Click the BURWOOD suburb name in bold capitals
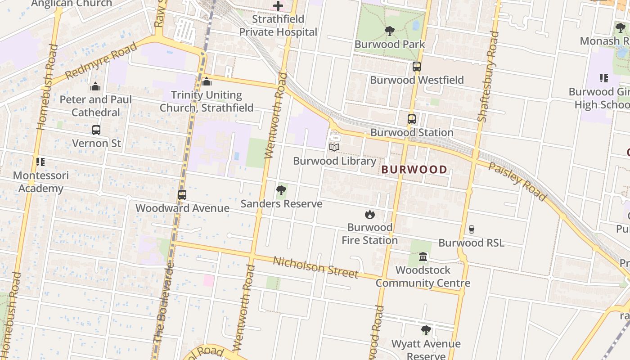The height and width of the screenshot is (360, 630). coord(414,170)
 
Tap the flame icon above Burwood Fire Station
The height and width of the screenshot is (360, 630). coord(370,214)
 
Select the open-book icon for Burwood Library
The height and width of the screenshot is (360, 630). coord(334,148)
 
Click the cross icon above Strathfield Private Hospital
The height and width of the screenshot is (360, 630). coord(278,6)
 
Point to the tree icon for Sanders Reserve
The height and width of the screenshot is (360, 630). coord(281,190)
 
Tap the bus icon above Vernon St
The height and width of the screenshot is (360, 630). coord(96,130)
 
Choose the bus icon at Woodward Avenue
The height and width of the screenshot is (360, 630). coord(182,195)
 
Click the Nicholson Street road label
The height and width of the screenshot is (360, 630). coord(315,267)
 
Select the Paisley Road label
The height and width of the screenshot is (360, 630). coord(518,181)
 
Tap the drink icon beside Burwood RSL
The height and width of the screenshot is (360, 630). coord(471,229)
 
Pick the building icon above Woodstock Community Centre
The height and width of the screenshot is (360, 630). coord(423,257)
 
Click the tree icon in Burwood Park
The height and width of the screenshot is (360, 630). coord(390,31)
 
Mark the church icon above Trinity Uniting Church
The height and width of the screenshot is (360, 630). coord(207,82)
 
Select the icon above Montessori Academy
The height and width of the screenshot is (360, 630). coord(40,162)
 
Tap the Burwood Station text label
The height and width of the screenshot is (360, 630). coord(412,132)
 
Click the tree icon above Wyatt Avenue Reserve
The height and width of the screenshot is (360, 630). coord(426,331)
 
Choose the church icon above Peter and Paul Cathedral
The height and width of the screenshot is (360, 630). coord(95,86)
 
